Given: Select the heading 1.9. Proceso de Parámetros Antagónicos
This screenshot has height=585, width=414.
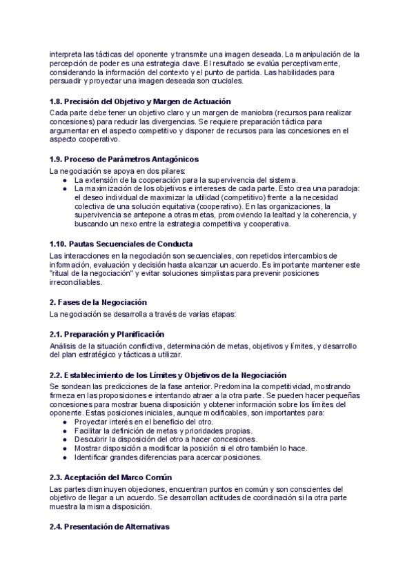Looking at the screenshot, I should (124, 159).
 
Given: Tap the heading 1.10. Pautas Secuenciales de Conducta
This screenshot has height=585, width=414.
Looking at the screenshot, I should (121, 244).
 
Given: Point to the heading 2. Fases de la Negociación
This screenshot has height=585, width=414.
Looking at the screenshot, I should (98, 302).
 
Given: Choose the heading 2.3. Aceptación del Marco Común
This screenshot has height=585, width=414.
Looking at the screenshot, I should (110, 477).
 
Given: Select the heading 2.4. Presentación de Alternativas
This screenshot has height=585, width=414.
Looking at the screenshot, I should (109, 527).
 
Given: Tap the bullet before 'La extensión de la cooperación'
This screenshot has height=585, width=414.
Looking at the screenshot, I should (65, 179).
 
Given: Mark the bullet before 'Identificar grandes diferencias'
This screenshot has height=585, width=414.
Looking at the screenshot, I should (65, 457).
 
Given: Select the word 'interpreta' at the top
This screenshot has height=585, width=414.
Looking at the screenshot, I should (66, 54).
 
